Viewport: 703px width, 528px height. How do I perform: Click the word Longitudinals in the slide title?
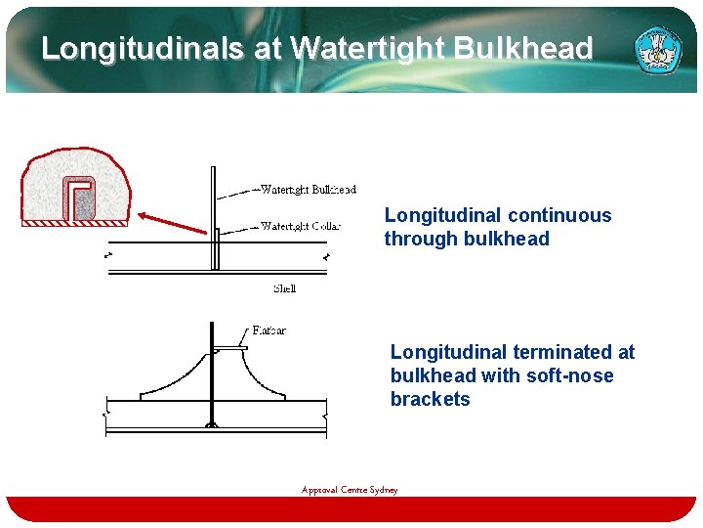coord(143,48)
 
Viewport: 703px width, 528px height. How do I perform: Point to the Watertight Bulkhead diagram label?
coord(308,190)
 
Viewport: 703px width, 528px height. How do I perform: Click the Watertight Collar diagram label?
coord(300,226)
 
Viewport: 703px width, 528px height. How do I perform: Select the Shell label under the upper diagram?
coord(284,288)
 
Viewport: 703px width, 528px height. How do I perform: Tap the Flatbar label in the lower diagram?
coord(269,330)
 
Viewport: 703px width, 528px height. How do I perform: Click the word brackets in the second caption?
coord(430,399)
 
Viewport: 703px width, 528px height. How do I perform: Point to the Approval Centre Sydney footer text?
coord(350,490)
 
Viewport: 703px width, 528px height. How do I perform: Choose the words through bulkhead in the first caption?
coord(467,239)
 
